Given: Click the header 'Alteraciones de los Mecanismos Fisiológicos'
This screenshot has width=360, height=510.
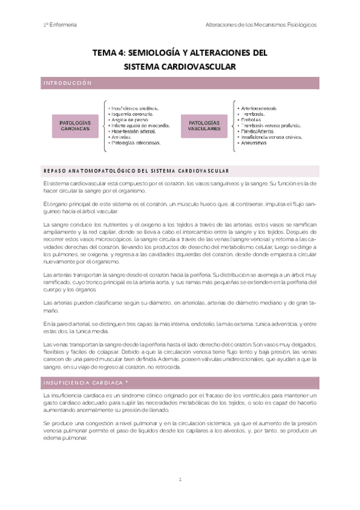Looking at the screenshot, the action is coord(260,25).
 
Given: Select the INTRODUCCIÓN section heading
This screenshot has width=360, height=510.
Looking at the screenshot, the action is coord(67,83).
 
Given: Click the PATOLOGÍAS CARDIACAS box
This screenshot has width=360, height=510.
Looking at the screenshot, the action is coord(75,125).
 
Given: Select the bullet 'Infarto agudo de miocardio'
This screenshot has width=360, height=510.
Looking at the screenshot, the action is coord(139,125).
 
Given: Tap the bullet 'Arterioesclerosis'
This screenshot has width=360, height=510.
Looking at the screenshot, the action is coord(260,108).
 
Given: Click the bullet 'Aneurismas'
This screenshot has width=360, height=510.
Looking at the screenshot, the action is coord(255,143).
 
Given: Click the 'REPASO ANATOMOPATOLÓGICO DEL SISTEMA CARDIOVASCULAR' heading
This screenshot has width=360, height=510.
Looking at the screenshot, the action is coord(135,170).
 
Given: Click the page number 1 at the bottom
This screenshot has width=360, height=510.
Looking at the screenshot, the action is coord(180,480).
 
